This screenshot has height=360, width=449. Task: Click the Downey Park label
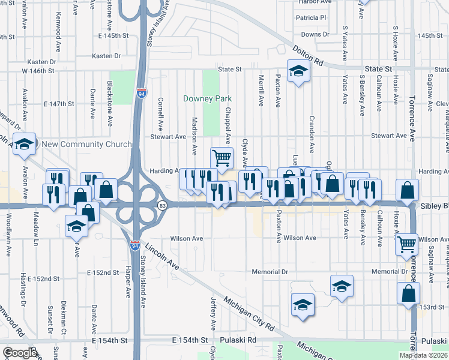[207, 98]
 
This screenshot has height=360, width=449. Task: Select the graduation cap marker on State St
[297, 71]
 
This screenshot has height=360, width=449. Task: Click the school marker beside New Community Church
[24, 144]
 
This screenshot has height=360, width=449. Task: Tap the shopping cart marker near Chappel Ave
[221, 157]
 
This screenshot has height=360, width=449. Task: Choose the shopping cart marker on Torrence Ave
[406, 244]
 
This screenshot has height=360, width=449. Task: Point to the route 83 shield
[162, 205]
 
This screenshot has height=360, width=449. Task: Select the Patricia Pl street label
[310, 18]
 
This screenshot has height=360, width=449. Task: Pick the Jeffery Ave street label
[214, 312]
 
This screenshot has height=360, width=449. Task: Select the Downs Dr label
[315, 35]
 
